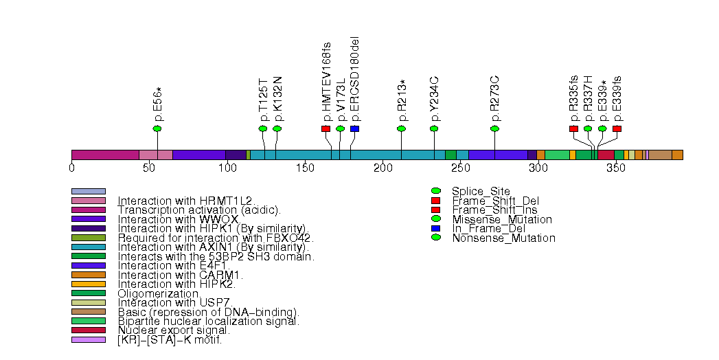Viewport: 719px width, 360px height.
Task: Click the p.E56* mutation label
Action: click(x=158, y=104)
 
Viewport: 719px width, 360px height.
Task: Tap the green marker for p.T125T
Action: click(x=263, y=128)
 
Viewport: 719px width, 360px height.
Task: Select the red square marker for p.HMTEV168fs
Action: click(x=326, y=128)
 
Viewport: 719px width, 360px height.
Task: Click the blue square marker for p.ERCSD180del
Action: click(x=354, y=128)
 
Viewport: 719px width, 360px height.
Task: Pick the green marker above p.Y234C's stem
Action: click(x=434, y=128)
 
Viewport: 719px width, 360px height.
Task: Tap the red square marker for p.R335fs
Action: click(x=573, y=128)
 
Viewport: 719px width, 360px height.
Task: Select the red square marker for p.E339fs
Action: click(x=617, y=128)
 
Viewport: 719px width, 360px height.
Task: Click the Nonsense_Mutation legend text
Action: click(x=503, y=238)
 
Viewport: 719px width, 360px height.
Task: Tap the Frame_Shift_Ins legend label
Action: click(x=494, y=210)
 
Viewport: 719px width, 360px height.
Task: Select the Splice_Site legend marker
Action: click(x=435, y=190)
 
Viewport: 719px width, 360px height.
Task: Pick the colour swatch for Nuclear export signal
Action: click(x=89, y=330)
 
